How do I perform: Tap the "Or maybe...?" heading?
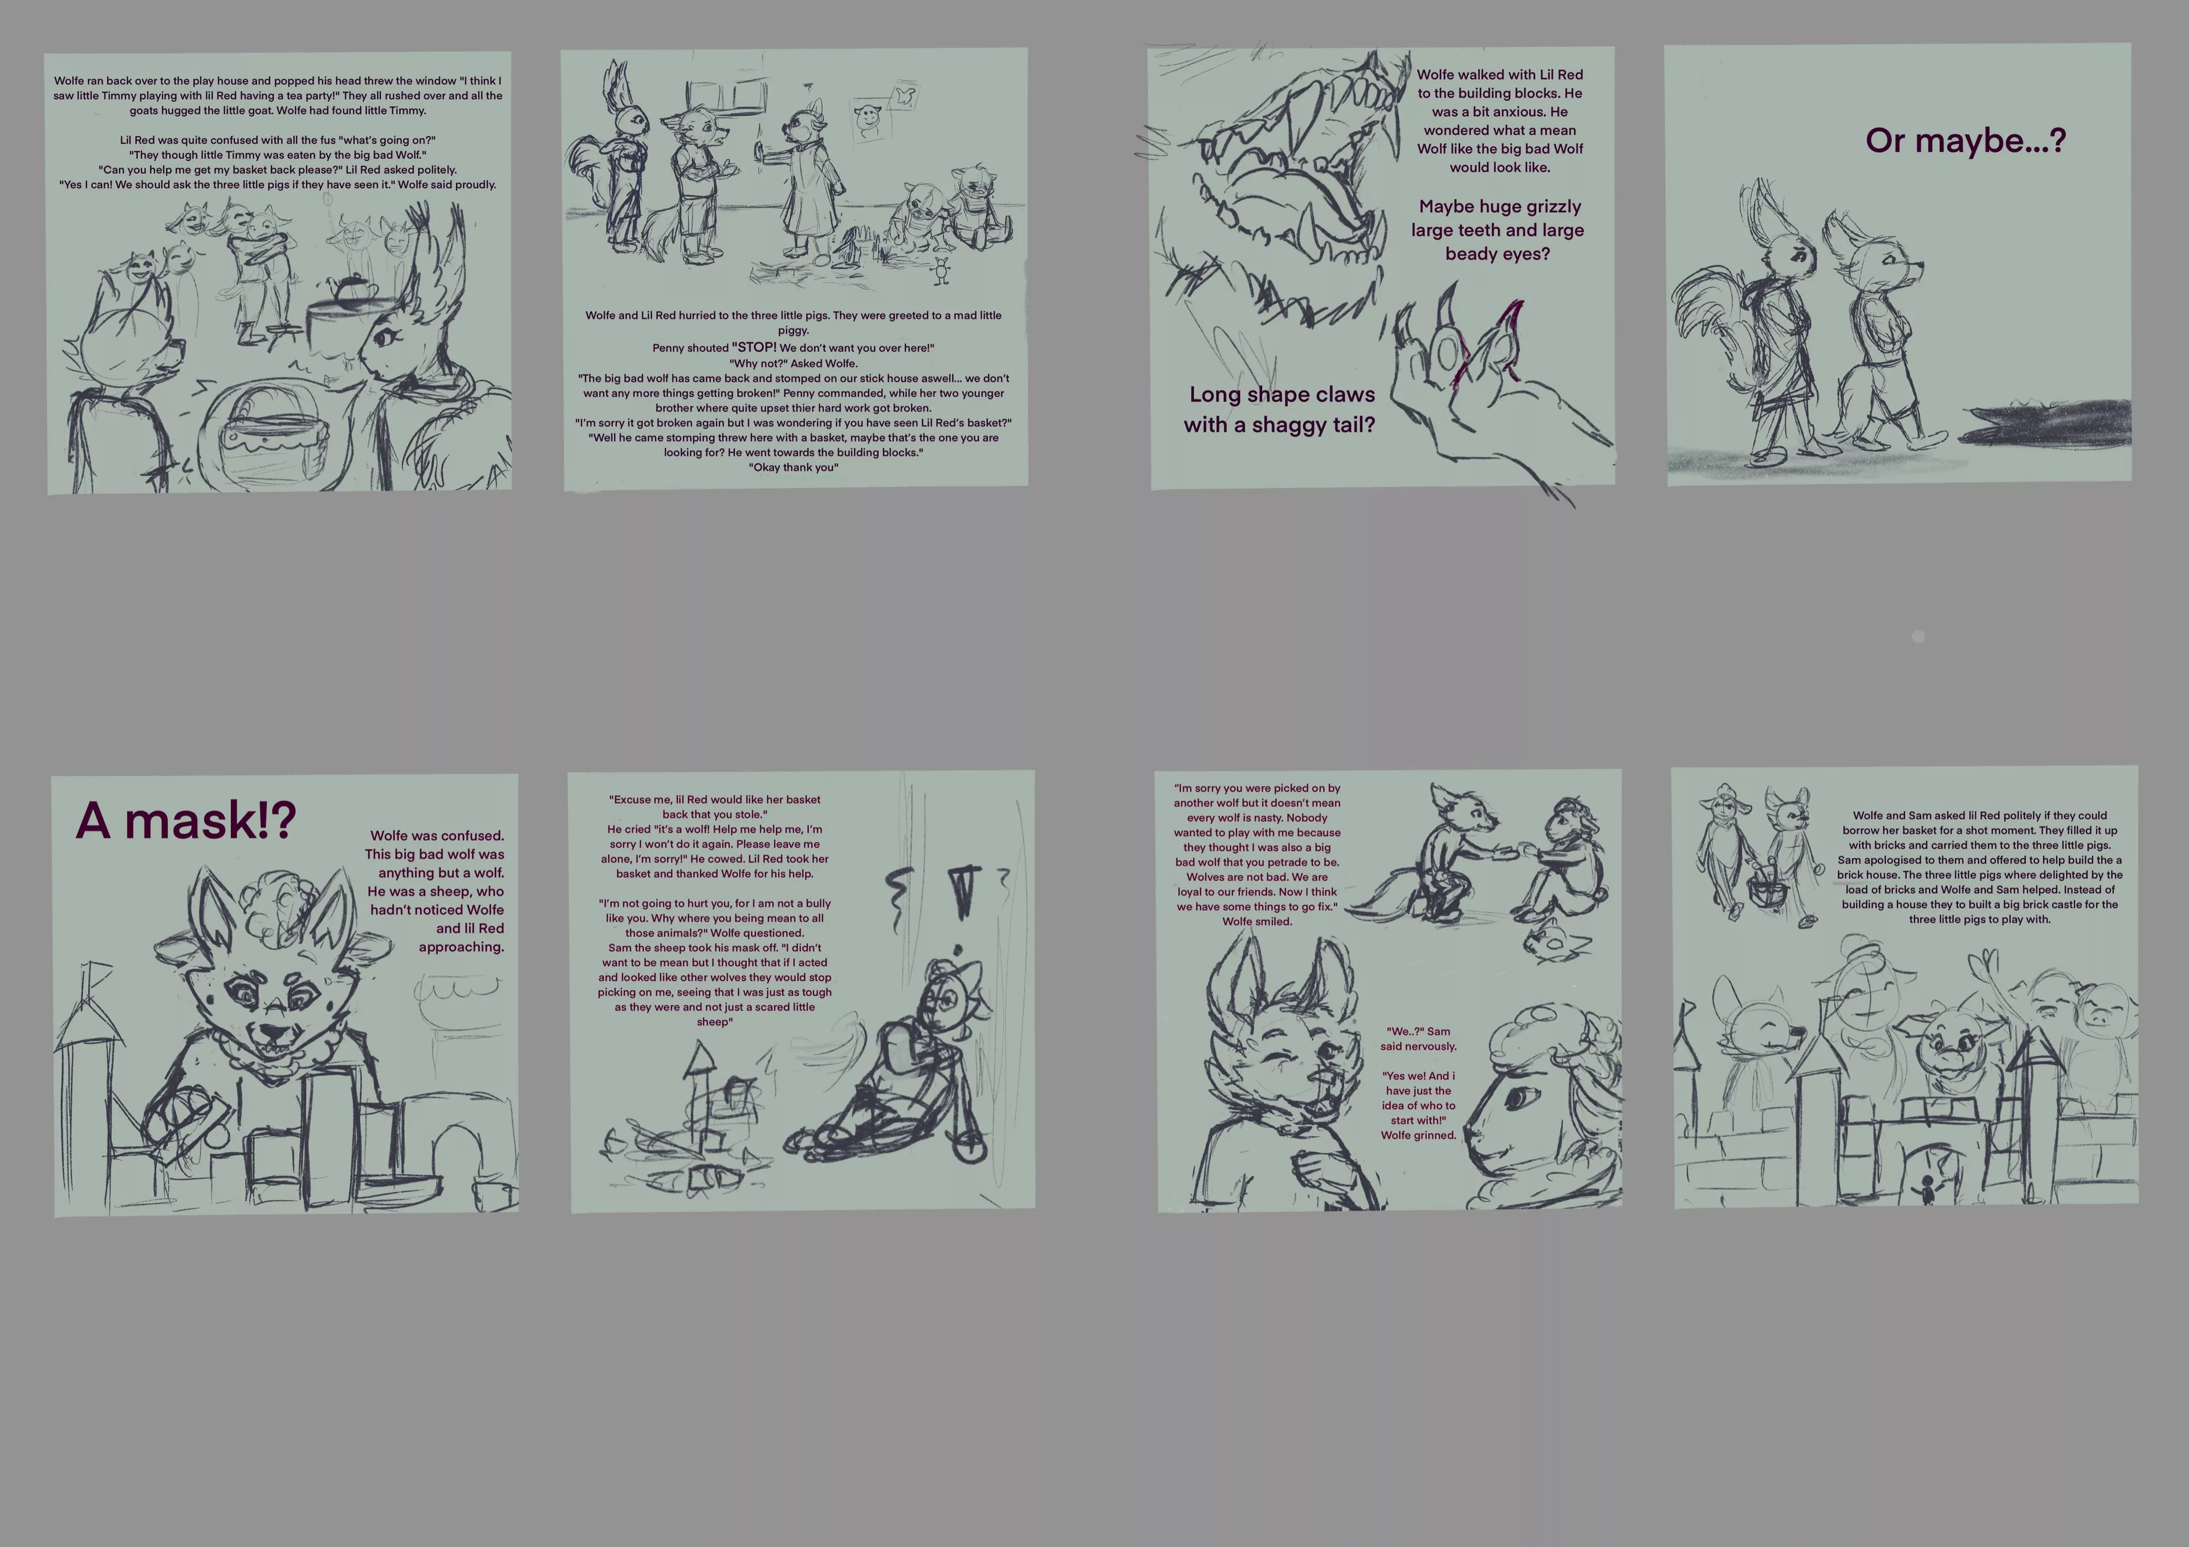(1965, 141)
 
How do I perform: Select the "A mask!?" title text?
(186, 820)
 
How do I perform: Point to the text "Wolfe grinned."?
(1419, 1135)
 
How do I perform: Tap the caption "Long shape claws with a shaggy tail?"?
(1280, 409)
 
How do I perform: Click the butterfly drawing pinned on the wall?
(904, 95)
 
